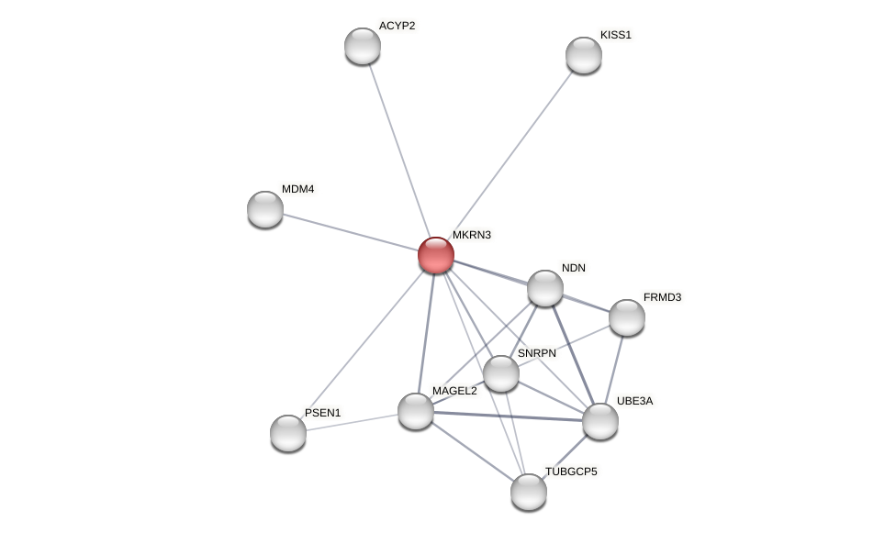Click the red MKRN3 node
pos(436,255)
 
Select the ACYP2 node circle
pos(363,46)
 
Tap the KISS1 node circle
pos(584,55)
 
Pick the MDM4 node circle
pos(265,209)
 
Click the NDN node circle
pos(545,288)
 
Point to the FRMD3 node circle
pos(627,317)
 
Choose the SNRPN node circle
pos(501,373)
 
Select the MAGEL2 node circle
pos(416,411)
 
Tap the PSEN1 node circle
pos(288,433)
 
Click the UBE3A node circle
pos(600,421)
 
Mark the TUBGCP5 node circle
pos(529,492)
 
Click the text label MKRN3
pos(472,235)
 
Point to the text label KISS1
pos(615,35)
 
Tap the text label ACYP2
pos(397,26)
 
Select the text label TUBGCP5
pos(571,472)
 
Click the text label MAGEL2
pos(454,391)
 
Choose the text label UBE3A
pos(634,401)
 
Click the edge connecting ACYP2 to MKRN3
pos(399,150)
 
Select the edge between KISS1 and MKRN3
pos(510,154)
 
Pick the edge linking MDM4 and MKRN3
pos(351,232)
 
